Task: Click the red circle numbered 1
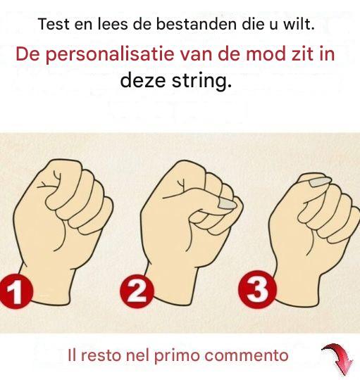click(15, 291)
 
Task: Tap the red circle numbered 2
click(137, 291)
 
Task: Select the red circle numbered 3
click(257, 289)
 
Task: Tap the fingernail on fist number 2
click(227, 204)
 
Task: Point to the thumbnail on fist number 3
click(321, 182)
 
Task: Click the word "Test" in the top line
click(54, 24)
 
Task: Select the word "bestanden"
click(197, 24)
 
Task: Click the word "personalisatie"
click(110, 54)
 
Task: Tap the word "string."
click(201, 80)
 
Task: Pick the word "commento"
click(247, 355)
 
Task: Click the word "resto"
click(101, 356)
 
